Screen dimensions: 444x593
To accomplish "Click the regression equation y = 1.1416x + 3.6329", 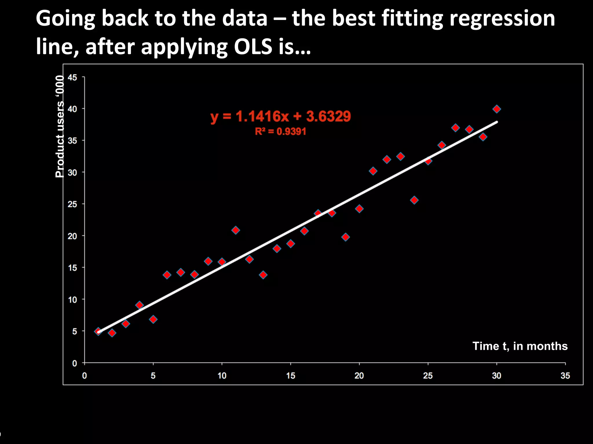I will pos(280,116).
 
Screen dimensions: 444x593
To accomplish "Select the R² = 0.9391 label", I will pos(280,132).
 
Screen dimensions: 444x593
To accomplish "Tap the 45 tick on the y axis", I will pos(72,77).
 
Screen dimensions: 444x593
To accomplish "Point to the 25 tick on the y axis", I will pos(72,204).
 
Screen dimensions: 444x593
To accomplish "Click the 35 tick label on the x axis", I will pos(565,376).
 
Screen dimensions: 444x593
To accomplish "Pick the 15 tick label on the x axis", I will pos(290,376).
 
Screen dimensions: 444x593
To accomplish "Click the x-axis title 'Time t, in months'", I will pos(520,346).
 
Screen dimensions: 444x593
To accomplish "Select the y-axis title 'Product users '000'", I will pos(60,126).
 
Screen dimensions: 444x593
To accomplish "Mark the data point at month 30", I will pos(497,109).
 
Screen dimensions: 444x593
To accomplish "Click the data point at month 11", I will pos(236,230).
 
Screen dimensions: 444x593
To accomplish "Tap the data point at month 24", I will pos(414,200).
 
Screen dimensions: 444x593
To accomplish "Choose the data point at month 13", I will pos(263,275).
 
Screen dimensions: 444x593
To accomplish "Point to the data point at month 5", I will pos(153,319).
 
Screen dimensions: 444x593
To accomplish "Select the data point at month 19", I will pos(345,237).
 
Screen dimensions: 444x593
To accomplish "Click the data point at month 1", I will pos(98,331).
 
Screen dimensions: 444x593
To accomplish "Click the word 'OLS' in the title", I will pos(253,47).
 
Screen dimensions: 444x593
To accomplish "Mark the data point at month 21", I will pos(373,171).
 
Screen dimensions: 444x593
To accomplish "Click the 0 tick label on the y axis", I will pos(75,363).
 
